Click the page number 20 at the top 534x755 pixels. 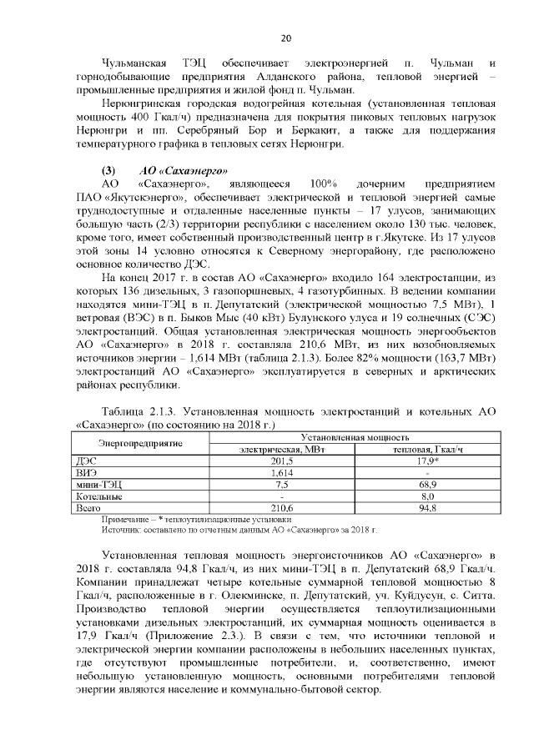(285, 39)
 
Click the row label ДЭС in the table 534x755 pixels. (86, 460)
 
